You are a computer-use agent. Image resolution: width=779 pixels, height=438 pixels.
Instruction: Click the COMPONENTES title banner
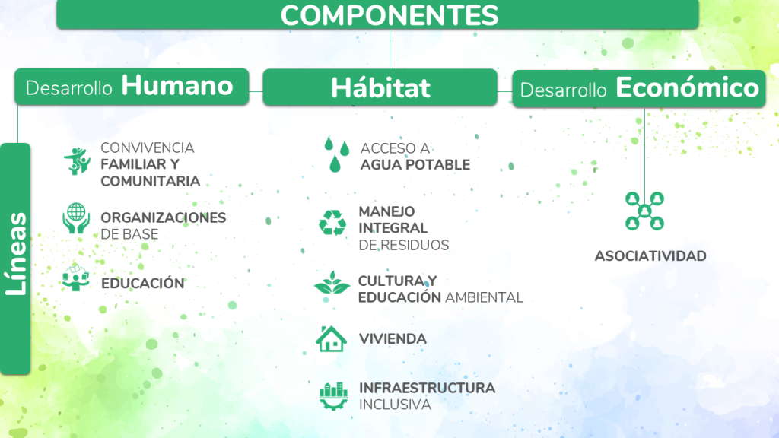click(x=377, y=14)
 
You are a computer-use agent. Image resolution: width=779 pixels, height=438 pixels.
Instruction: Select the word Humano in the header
click(x=177, y=85)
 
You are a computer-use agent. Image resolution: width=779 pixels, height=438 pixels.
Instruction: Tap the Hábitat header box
click(x=380, y=87)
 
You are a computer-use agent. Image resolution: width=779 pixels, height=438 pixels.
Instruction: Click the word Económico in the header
click(x=687, y=87)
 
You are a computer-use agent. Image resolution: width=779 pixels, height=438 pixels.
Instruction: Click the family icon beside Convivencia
click(x=77, y=161)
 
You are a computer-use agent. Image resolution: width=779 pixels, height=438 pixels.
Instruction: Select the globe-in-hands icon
click(x=76, y=218)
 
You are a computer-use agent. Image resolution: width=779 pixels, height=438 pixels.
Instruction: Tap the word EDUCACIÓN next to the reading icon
click(x=142, y=284)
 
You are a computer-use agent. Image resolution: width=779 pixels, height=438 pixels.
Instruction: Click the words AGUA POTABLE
click(x=415, y=165)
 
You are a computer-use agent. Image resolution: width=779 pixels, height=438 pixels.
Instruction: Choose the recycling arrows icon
click(x=332, y=223)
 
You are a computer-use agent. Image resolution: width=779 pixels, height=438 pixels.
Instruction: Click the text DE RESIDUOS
click(x=403, y=245)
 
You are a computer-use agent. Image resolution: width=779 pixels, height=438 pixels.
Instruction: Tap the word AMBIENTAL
click(x=484, y=297)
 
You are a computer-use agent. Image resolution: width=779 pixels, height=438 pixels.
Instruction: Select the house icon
click(x=332, y=339)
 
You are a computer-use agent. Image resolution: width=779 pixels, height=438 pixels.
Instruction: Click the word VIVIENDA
click(x=393, y=339)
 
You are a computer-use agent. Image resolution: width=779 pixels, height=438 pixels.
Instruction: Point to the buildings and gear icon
click(x=333, y=395)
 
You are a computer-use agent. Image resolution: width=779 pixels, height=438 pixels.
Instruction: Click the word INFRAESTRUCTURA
click(x=427, y=388)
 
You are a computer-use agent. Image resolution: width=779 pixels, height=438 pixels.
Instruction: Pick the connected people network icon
click(x=644, y=211)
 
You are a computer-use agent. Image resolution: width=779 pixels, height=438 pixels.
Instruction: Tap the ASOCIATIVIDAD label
click(x=650, y=256)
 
